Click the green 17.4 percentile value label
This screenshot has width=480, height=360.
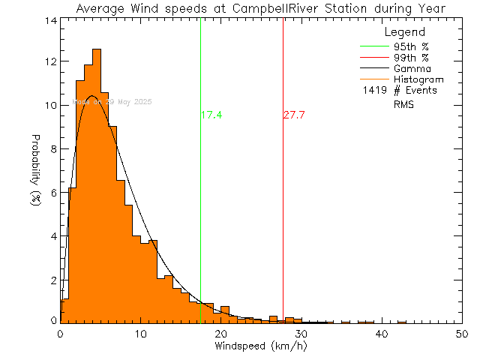pos(212,115)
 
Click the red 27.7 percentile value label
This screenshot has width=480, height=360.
pos(294,115)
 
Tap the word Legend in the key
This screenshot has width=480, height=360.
pos(404,33)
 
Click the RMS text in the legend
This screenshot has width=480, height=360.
pos(403,105)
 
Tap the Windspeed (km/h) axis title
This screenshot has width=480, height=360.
pos(260,346)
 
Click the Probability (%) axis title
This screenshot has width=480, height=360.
pos(35,171)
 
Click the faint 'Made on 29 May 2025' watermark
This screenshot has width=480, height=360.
pos(112,101)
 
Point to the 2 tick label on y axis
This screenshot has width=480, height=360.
pos(52,280)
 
